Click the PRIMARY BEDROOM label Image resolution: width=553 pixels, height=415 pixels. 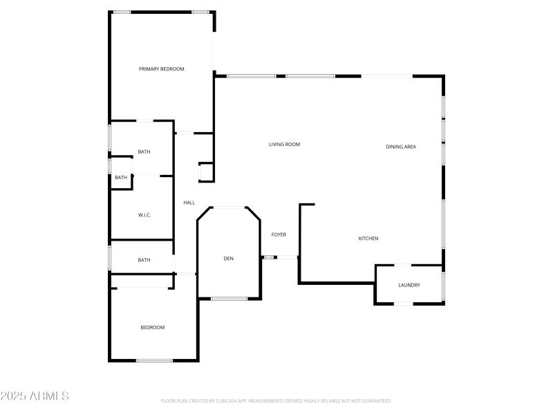pyautogui.click(x=161, y=68)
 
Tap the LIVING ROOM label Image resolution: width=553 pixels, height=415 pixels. pyautogui.click(x=284, y=145)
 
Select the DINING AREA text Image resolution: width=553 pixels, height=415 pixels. pyautogui.click(x=400, y=147)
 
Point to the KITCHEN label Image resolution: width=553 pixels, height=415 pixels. pyautogui.click(x=368, y=239)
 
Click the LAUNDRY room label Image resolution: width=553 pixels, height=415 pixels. pyautogui.click(x=409, y=285)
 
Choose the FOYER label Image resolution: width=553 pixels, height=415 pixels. pyautogui.click(x=279, y=234)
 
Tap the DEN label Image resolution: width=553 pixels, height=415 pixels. pyautogui.click(x=228, y=259)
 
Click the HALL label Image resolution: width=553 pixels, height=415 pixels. pyautogui.click(x=189, y=203)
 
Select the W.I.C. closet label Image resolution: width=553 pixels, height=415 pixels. pyautogui.click(x=144, y=215)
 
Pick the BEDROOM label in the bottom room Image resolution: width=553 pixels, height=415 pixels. pyautogui.click(x=153, y=327)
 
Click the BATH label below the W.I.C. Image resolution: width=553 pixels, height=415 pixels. pyautogui.click(x=144, y=260)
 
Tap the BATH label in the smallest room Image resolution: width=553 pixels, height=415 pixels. pyautogui.click(x=121, y=178)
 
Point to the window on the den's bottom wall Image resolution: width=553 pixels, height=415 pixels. pyautogui.click(x=229, y=299)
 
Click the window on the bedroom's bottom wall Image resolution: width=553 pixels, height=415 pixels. pyautogui.click(x=154, y=360)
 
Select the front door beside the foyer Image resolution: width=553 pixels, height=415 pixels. pyautogui.click(x=288, y=257)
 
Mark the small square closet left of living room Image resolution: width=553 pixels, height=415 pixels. pyautogui.click(x=205, y=172)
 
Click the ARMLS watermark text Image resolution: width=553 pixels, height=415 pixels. pyautogui.click(x=35, y=396)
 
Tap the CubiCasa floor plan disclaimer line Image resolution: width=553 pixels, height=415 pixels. pyautogui.click(x=276, y=400)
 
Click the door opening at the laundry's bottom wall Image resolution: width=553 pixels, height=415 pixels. pyautogui.click(x=403, y=304)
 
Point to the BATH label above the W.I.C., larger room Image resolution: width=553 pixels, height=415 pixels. pyautogui.click(x=144, y=151)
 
